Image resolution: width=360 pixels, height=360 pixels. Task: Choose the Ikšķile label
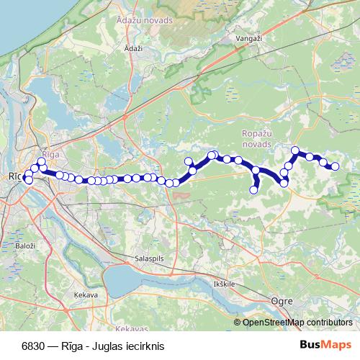[224, 284]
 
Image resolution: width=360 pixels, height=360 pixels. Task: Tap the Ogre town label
[280, 302]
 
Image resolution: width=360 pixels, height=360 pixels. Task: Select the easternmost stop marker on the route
[335, 167]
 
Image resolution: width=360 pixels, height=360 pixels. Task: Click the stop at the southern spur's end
[253, 190]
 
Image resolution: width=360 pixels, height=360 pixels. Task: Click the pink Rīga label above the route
[50, 155]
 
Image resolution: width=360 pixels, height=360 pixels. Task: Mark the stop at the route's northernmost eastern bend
[294, 150]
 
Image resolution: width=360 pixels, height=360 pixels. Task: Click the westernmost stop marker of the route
[24, 176]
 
